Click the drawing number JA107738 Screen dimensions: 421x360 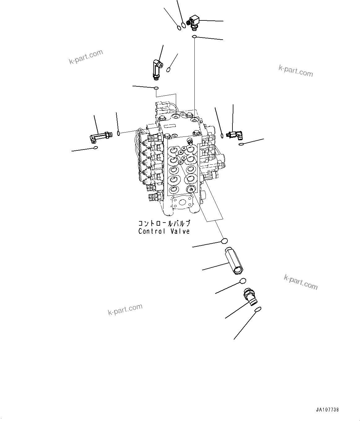point(327,410)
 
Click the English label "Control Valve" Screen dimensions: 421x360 point(164,231)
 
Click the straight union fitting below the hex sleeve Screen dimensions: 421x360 point(250,297)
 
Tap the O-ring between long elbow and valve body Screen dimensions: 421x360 point(119,134)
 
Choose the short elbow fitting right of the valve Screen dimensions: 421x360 point(235,135)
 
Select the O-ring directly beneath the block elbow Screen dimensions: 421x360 point(194,37)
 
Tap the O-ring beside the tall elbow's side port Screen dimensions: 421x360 point(168,69)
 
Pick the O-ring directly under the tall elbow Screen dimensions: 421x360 point(157,88)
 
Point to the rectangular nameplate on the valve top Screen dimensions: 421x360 point(170,126)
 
